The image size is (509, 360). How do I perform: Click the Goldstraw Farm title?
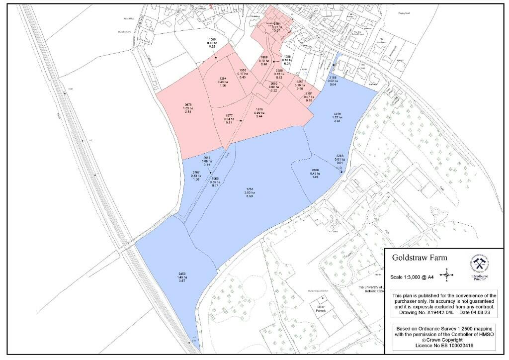[x=420, y=258]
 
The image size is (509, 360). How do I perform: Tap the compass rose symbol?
[x=447, y=274]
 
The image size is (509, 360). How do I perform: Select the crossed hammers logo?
[x=480, y=264]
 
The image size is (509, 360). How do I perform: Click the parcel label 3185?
[x=333, y=78]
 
